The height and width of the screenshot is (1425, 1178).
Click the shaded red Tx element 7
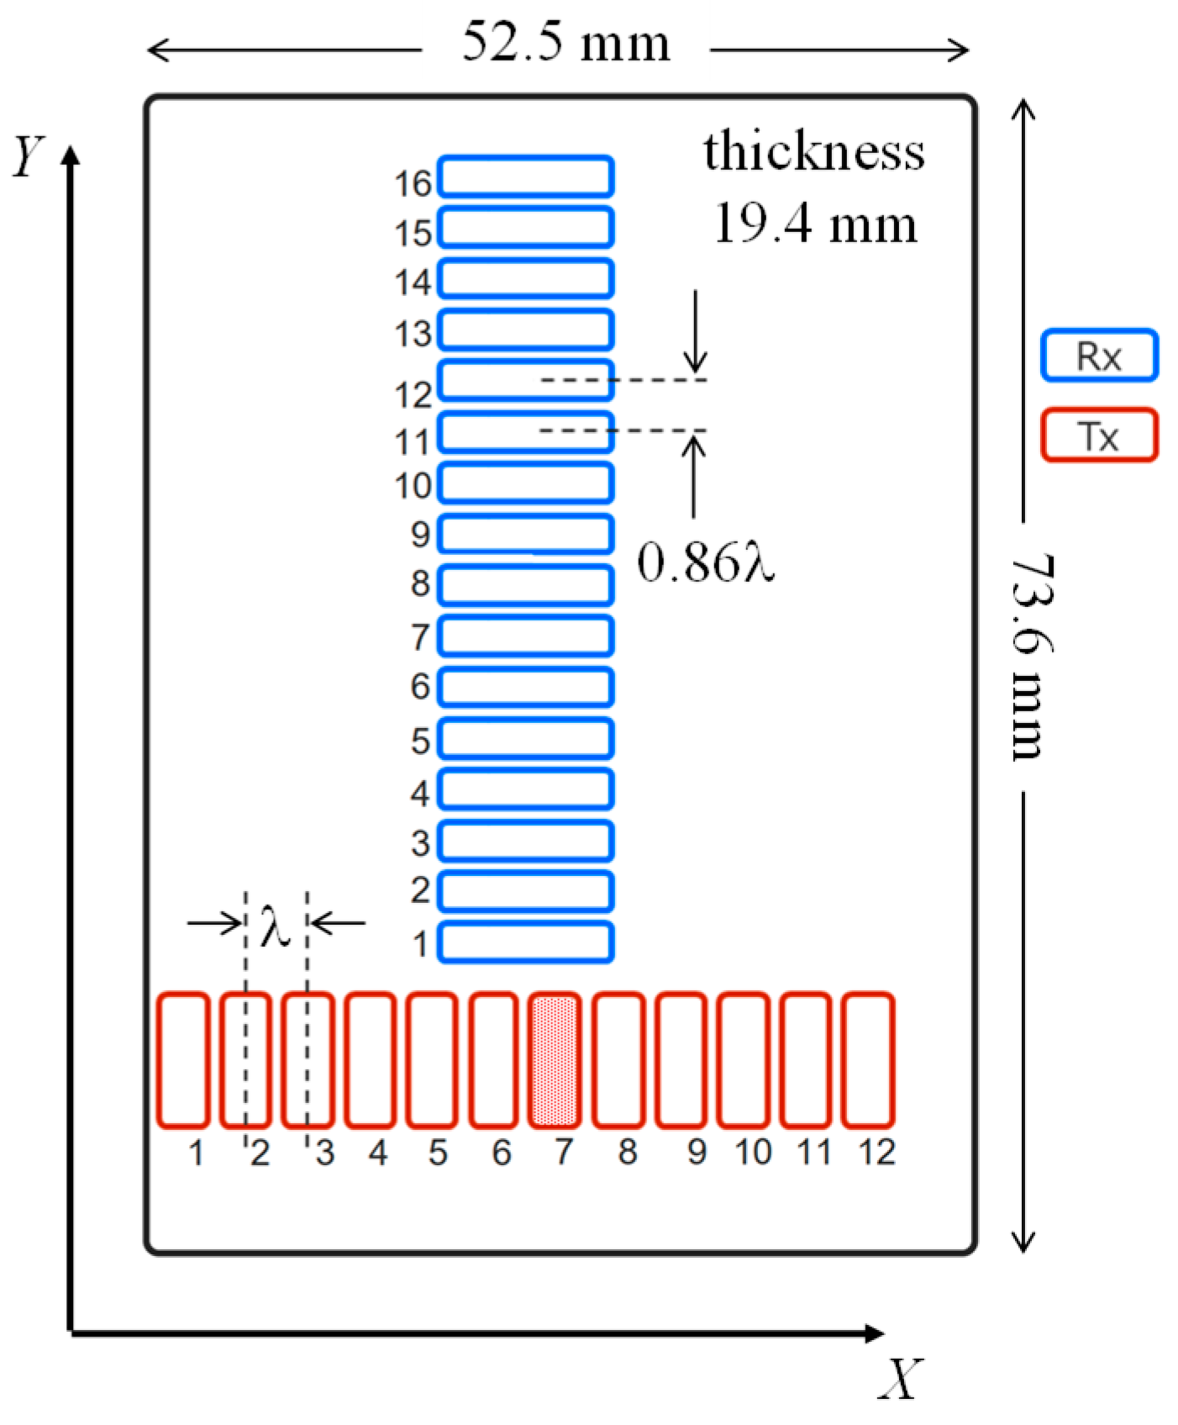click(x=555, y=1059)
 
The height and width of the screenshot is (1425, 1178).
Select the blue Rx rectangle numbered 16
click(x=526, y=177)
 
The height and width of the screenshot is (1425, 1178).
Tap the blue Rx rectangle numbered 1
click(x=526, y=942)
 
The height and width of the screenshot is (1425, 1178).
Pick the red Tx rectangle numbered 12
click(x=868, y=1059)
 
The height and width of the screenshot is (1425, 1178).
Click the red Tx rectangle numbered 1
click(x=183, y=1059)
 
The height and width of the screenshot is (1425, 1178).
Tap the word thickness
click(x=813, y=151)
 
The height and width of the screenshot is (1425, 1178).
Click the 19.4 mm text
click(x=815, y=224)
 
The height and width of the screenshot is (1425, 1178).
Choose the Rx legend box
click(x=1099, y=356)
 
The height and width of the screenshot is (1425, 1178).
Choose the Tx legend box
click(x=1099, y=435)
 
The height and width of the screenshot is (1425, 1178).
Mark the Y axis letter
click(x=28, y=156)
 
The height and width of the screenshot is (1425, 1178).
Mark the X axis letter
click(x=901, y=1379)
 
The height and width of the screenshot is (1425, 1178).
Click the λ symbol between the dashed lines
click(x=275, y=926)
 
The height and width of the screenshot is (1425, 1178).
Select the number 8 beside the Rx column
click(x=420, y=583)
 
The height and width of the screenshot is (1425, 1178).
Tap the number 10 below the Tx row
click(x=753, y=1152)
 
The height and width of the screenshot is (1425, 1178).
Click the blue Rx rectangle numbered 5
click(x=526, y=739)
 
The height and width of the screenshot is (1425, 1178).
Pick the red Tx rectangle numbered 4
click(x=370, y=1059)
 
